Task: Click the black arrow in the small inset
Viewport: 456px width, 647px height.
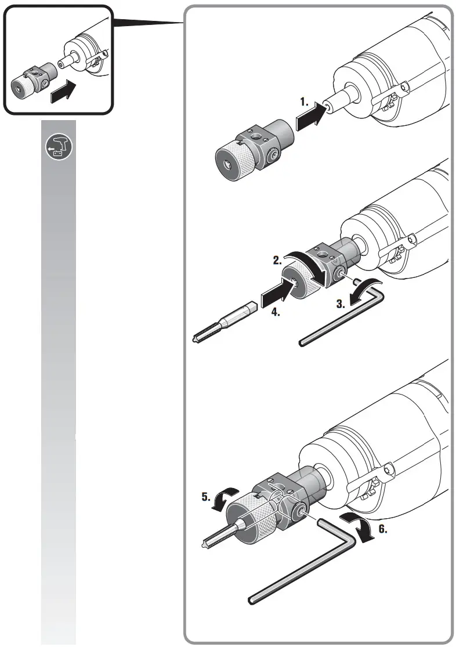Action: pyautogui.click(x=63, y=92)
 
